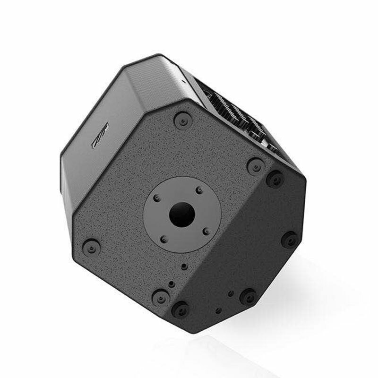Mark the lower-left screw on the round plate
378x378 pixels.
coord(163,238)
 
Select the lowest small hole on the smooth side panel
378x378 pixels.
coord(217,310)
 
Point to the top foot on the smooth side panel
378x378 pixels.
coord(275,179)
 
